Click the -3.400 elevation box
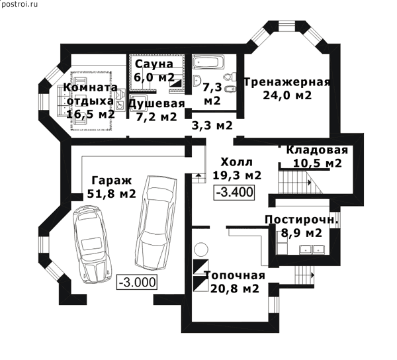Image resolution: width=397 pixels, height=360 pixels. click(234, 193)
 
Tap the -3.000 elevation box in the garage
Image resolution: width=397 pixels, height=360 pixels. click(137, 282)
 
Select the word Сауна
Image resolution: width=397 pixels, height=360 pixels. click(154, 64)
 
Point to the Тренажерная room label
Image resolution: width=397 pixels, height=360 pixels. click(287, 83)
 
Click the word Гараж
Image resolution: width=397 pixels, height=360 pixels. click(112, 181)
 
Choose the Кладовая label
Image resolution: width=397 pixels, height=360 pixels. click(317, 150)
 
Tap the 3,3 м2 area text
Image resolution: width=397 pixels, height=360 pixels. click(212, 125)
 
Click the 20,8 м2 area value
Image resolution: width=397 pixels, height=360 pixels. click(235, 289)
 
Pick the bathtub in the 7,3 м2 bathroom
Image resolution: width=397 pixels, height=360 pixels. click(208, 62)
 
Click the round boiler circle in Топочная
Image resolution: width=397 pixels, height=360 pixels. click(201, 249)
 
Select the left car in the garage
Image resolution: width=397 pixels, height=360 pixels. click(92, 244)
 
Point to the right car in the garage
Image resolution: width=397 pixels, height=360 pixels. click(155, 223)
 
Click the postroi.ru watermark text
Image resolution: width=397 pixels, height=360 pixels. click(19, 5)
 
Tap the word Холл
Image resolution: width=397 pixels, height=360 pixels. click(236, 162)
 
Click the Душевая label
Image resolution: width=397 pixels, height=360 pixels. click(157, 104)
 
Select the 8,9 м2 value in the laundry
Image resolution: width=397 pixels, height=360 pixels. click(302, 233)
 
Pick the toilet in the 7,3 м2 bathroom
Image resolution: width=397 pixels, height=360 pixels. click(230, 77)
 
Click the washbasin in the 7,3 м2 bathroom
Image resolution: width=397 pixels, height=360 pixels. click(197, 81)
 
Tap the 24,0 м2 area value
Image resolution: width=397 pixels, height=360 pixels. click(287, 95)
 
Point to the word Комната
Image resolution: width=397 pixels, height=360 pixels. click(91, 87)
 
